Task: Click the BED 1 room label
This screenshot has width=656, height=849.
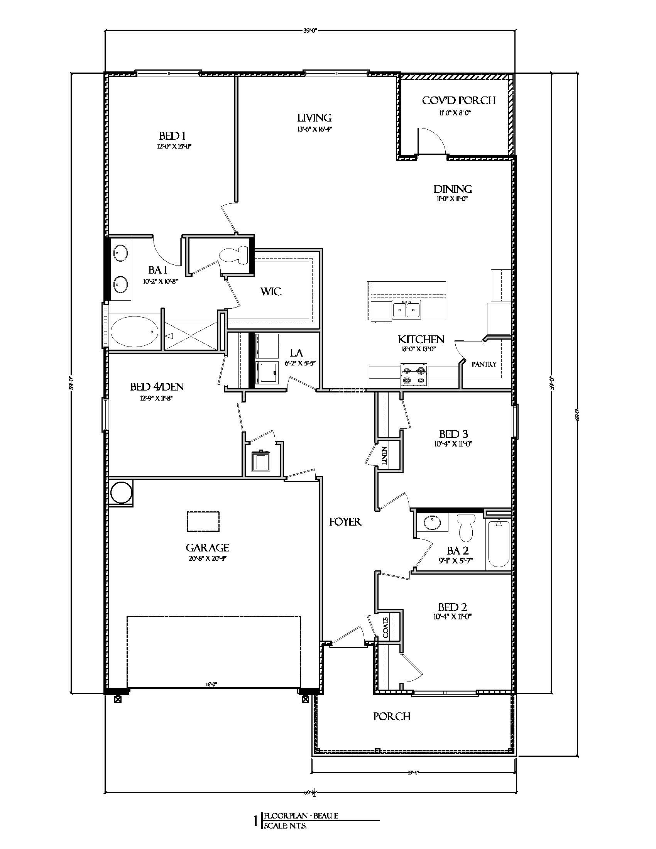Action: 172,136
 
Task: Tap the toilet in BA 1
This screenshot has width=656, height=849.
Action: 235,255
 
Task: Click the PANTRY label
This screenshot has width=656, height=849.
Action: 484,364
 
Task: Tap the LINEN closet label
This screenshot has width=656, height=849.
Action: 384,455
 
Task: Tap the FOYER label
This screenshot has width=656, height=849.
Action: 345,522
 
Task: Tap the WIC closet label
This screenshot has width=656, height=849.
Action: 271,291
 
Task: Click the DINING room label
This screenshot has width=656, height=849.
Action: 453,189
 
